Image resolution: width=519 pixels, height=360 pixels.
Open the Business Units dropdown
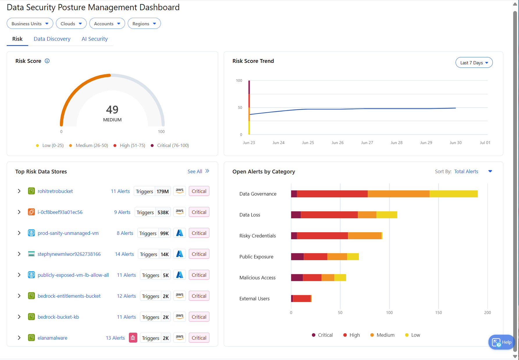tap(30, 24)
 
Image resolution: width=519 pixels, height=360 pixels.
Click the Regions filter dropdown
tap(144, 24)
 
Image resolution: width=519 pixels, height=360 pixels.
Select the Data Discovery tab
tap(52, 39)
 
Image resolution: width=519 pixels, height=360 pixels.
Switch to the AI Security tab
tap(95, 39)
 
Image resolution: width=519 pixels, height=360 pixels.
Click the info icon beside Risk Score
tap(47, 61)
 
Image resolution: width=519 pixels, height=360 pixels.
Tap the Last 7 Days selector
tap(474, 63)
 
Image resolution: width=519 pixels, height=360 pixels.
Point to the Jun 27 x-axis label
tap(367, 143)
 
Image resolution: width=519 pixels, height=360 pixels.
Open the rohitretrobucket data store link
tap(55, 191)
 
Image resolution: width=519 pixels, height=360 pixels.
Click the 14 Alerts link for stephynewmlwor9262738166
tap(124, 254)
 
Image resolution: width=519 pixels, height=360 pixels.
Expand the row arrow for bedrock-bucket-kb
tap(19, 317)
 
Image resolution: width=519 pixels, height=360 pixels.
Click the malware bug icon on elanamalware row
tap(133, 338)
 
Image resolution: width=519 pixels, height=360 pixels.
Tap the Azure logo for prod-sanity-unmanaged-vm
tap(179, 233)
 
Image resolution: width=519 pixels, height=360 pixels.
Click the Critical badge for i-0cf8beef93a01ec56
tap(199, 212)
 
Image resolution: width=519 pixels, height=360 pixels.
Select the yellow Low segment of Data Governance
tap(453, 194)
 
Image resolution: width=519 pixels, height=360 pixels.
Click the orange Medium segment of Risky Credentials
tap(364, 236)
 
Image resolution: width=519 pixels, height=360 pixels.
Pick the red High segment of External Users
tap(302, 298)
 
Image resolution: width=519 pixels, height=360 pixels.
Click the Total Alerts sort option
tap(466, 171)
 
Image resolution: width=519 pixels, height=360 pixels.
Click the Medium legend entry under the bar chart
tap(382, 335)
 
